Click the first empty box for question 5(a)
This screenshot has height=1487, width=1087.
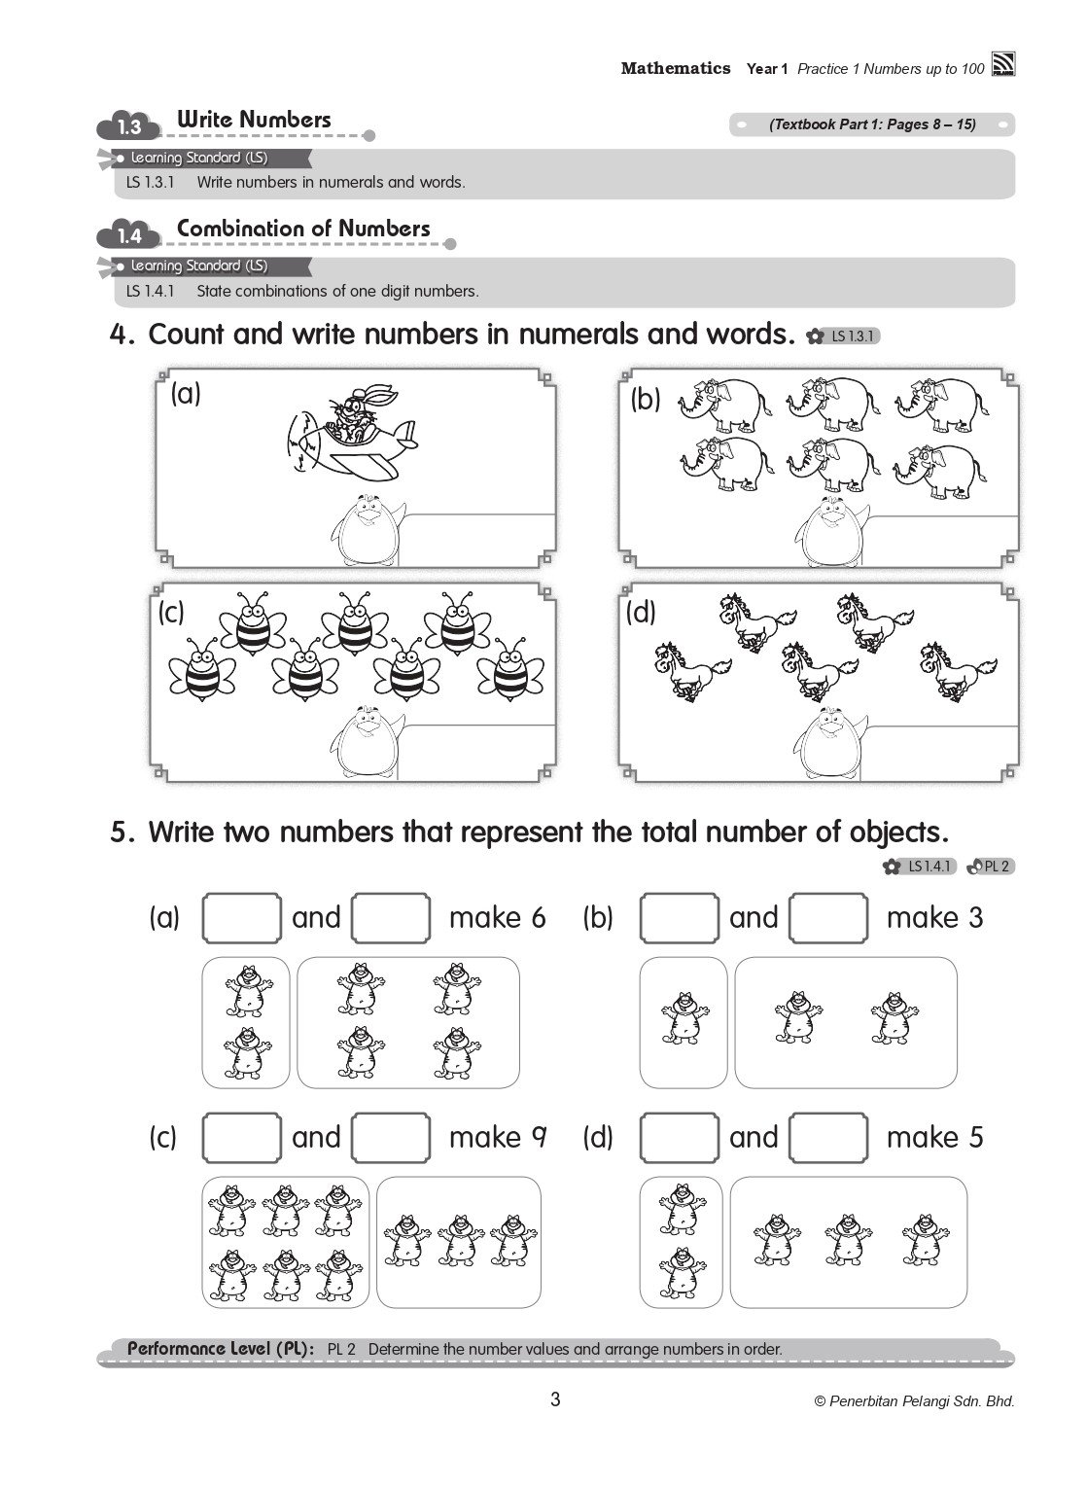click(x=241, y=918)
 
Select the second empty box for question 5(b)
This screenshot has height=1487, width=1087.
click(x=827, y=918)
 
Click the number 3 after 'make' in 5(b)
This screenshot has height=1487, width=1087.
click(x=974, y=918)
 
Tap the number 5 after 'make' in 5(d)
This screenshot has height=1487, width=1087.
click(x=974, y=1137)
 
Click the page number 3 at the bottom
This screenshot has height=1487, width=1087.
click(x=555, y=1400)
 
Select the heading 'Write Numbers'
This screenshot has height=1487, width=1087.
click(x=254, y=120)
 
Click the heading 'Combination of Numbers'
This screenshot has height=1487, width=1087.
click(x=303, y=229)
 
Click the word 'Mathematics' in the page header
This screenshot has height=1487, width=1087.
click(x=676, y=68)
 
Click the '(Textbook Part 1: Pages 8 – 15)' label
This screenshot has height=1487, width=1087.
click(x=872, y=124)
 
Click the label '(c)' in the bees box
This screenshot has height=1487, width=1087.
click(x=171, y=613)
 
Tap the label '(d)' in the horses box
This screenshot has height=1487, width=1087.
click(x=641, y=613)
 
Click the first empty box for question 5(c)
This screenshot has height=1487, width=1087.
click(x=241, y=1137)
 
